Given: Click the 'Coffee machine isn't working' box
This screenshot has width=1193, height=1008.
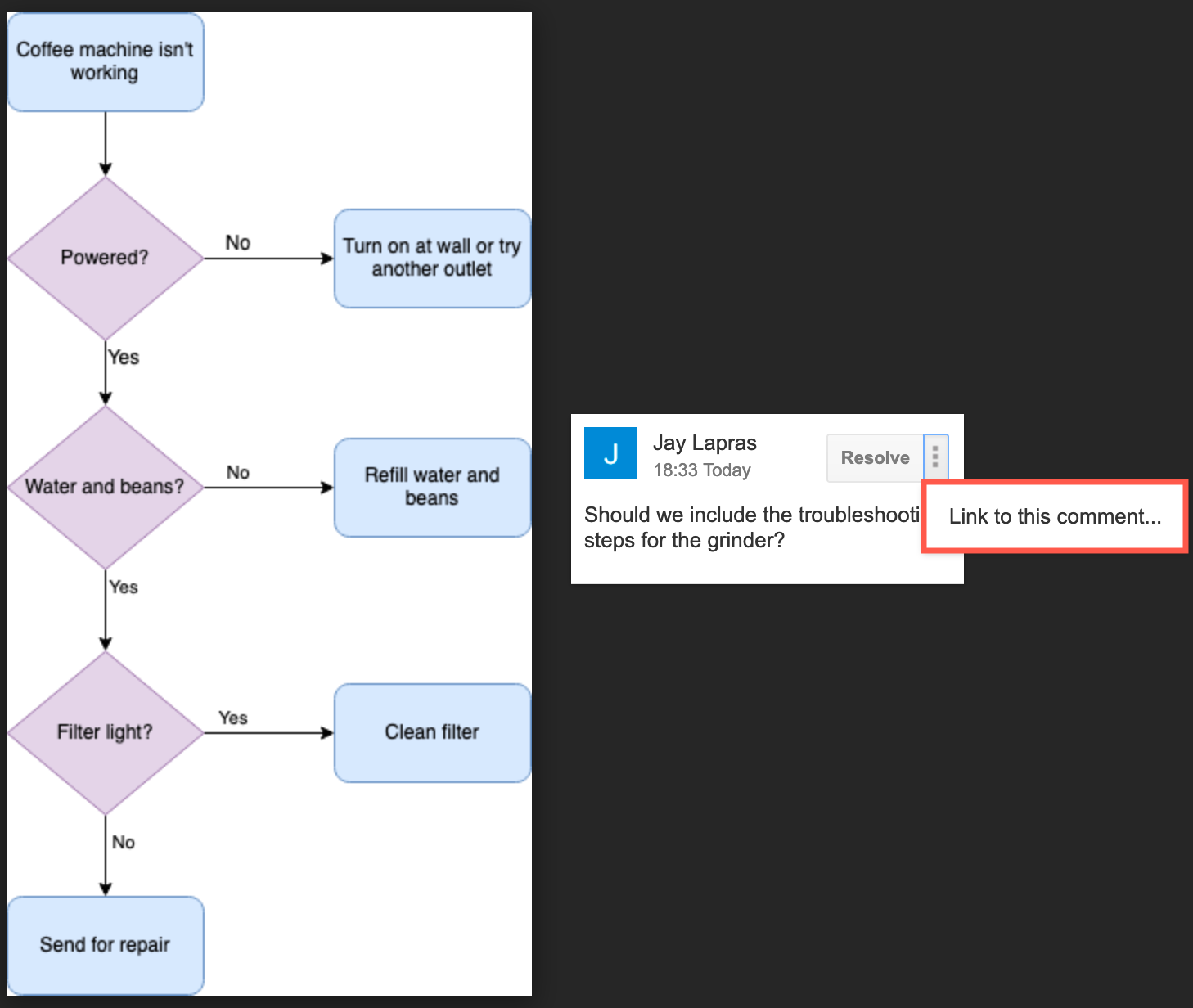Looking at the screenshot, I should pyautogui.click(x=105, y=62).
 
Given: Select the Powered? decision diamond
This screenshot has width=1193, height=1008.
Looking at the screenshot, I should pyautogui.click(x=105, y=258).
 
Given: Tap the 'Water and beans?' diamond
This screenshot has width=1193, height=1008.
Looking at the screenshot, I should pyautogui.click(x=105, y=487).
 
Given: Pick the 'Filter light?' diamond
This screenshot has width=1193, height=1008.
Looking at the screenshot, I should pyautogui.click(x=105, y=732).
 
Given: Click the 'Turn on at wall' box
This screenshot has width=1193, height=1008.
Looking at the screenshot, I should pyautogui.click(x=432, y=258).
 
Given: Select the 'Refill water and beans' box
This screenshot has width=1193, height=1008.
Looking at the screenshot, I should pyautogui.click(x=432, y=487).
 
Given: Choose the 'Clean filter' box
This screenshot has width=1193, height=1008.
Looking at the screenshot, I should pyautogui.click(x=432, y=732).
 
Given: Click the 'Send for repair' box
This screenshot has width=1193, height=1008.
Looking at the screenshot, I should pyautogui.click(x=105, y=945).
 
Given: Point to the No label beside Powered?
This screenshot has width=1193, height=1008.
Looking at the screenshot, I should pyautogui.click(x=238, y=243).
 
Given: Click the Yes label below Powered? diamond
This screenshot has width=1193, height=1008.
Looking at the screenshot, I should pyautogui.click(x=124, y=358).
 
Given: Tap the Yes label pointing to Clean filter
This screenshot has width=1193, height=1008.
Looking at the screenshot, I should pyautogui.click(x=233, y=718).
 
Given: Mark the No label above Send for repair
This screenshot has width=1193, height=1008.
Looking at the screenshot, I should pyautogui.click(x=124, y=842).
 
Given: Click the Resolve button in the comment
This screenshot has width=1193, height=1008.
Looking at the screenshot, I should pyautogui.click(x=875, y=458).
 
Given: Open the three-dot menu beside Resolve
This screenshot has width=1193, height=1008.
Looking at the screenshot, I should pyautogui.click(x=935, y=457).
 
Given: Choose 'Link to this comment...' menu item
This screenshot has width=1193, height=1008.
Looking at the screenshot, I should pyautogui.click(x=1055, y=516).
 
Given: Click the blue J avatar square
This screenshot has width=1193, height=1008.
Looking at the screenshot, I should pyautogui.click(x=610, y=453).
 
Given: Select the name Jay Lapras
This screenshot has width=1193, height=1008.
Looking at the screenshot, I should pyautogui.click(x=705, y=443).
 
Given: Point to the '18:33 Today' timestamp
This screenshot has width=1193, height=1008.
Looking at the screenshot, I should pyautogui.click(x=702, y=470).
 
